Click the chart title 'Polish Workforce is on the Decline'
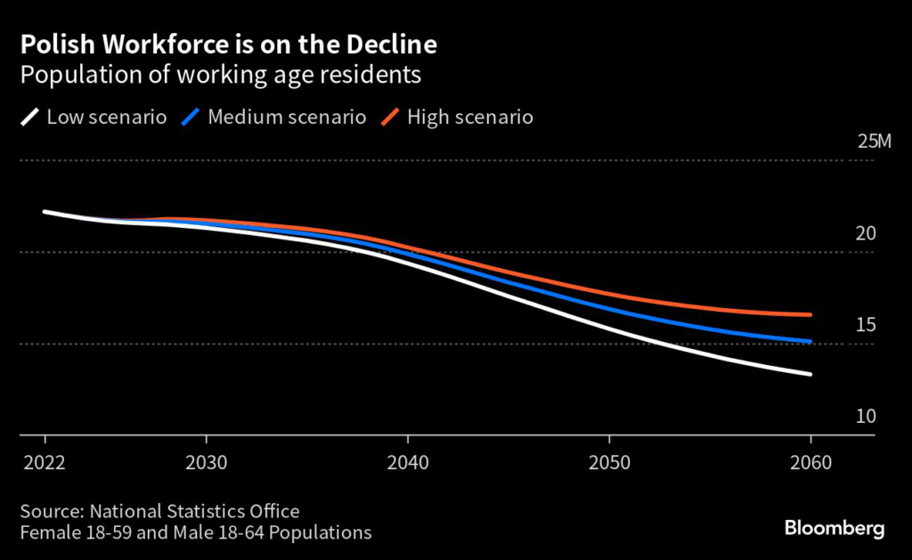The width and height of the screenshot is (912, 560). (x=228, y=44)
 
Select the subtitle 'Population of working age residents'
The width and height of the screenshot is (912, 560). (x=220, y=75)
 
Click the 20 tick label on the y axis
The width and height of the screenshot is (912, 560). (x=866, y=233)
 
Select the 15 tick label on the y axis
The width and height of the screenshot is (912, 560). (x=866, y=325)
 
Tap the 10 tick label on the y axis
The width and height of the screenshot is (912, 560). (x=866, y=417)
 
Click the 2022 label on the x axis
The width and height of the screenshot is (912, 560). (x=44, y=464)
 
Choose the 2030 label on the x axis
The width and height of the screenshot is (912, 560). (x=207, y=464)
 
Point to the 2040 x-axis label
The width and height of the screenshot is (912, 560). (x=407, y=464)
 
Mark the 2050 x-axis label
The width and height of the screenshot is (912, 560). (x=608, y=464)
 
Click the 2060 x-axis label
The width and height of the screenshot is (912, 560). (x=810, y=464)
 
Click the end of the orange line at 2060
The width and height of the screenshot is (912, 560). (x=810, y=314)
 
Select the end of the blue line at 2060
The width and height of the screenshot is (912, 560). (x=810, y=341)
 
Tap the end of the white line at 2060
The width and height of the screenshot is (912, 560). (x=810, y=374)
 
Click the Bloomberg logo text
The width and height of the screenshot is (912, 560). (x=835, y=529)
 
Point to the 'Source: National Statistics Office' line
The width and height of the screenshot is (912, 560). (x=159, y=512)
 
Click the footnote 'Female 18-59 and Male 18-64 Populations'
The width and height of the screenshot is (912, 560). (x=195, y=533)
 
